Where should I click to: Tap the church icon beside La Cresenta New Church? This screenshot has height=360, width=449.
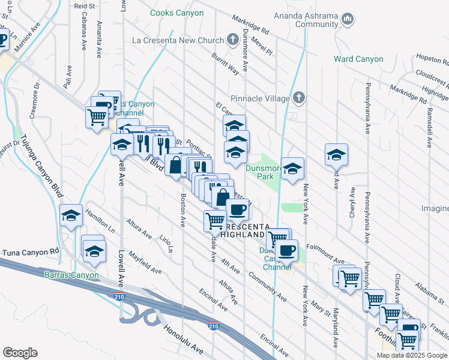(234, 40)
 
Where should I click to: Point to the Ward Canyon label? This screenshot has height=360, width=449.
(359, 59)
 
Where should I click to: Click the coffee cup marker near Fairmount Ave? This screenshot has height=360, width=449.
(287, 250)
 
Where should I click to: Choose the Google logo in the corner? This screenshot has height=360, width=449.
(20, 353)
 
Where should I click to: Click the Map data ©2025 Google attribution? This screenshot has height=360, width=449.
(411, 355)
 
